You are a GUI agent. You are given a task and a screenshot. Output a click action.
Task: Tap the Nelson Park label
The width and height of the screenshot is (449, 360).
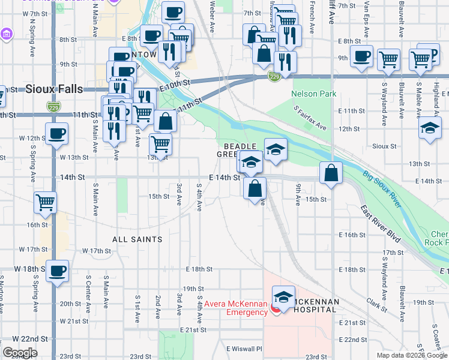[313, 94]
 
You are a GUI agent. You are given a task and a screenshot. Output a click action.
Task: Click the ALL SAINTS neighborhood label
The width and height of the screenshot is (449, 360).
[137, 239]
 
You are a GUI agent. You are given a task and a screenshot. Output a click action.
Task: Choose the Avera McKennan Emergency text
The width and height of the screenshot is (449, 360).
[235, 308]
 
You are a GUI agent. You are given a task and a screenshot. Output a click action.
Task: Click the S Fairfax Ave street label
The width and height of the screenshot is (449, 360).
[310, 118]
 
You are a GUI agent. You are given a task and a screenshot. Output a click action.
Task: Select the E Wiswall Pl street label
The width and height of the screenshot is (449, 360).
[244, 349]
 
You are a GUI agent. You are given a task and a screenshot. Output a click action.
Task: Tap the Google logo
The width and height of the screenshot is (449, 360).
[19, 353]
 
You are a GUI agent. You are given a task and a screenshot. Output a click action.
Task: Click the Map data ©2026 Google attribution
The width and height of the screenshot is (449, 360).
[412, 355]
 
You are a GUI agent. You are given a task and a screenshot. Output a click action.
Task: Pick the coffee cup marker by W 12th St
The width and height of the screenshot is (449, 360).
[57, 134]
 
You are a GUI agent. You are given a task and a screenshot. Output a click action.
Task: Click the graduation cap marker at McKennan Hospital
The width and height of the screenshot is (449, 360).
[283, 297]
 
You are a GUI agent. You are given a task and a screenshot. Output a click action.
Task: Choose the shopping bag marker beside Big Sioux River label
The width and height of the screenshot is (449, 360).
[331, 173]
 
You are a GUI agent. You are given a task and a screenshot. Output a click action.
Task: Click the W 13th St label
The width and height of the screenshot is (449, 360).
[74, 157]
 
